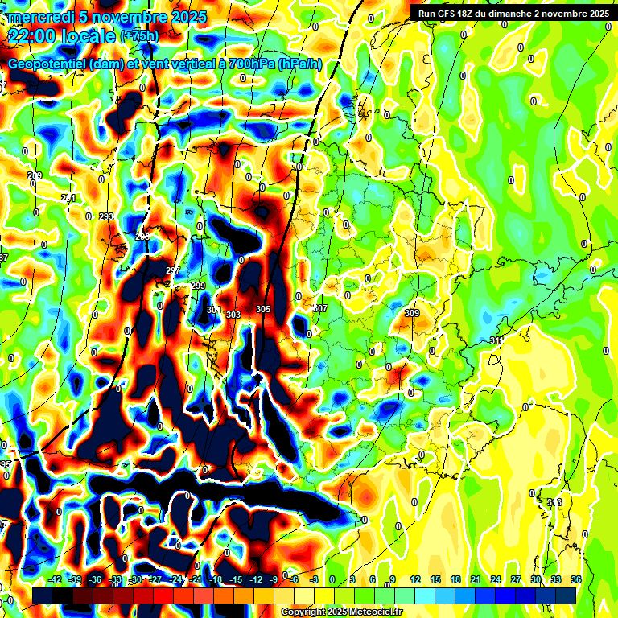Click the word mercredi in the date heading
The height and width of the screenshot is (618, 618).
37,17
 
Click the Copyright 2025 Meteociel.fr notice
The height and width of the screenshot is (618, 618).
341,612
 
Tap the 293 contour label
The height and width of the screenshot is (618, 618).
105,216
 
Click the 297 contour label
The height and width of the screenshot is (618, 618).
172,270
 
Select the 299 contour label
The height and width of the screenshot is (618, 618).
198,286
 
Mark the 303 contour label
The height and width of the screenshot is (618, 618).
233,315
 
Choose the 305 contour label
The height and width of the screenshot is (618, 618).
263,310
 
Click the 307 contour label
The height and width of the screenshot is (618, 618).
320,309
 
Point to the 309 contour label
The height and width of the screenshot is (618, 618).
412,313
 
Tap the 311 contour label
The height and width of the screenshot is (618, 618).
496,341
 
